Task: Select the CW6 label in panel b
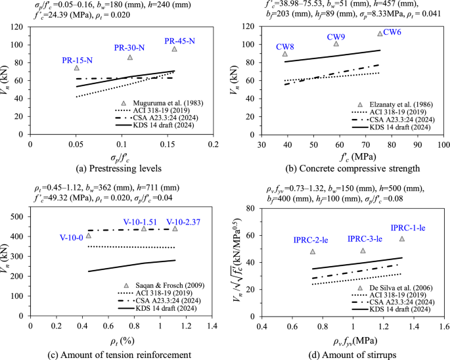[393, 32]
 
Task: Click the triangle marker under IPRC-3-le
[363, 251]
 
